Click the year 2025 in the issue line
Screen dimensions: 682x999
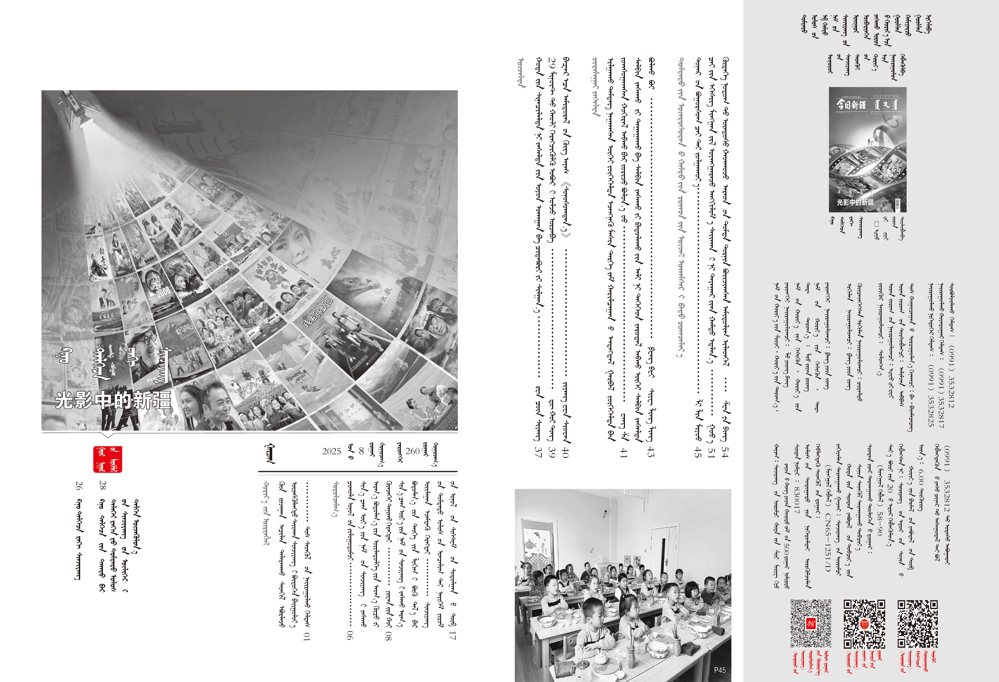coord(331,451)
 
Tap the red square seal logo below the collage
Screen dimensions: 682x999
coord(107,459)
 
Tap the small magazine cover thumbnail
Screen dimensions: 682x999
coord(867,150)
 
